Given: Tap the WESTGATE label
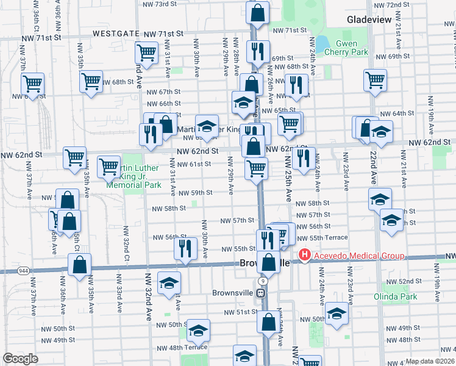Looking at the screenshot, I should (116, 34).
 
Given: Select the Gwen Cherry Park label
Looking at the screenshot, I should (347, 48).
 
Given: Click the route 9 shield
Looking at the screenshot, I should (261, 281).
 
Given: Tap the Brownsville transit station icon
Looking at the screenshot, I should (261, 293).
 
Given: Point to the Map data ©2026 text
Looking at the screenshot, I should (430, 361).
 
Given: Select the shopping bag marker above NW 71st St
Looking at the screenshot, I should (258, 12).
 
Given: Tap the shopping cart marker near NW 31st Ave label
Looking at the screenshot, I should (147, 53).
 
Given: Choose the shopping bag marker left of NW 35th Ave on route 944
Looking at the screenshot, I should (80, 264).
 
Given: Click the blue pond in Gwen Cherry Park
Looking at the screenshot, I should (321, 45).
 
